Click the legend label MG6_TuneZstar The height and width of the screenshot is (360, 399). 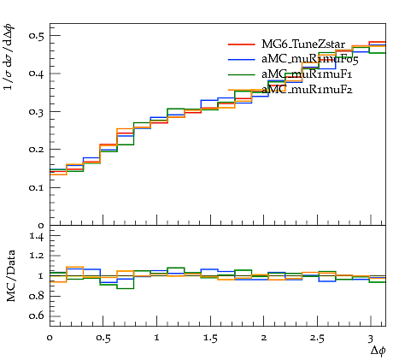pyautogui.click(x=303, y=44)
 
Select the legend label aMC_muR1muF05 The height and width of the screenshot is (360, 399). pyautogui.click(x=310, y=59)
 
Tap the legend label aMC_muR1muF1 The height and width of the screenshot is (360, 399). pyautogui.click(x=307, y=74)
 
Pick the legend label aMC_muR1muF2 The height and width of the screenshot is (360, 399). pyautogui.click(x=307, y=90)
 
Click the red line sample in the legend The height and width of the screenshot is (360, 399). pyautogui.click(x=242, y=44)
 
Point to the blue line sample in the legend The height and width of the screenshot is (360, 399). pyautogui.click(x=242, y=59)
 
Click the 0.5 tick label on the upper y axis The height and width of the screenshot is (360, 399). pyautogui.click(x=37, y=35)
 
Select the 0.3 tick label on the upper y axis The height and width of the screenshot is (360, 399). pyautogui.click(x=37, y=111)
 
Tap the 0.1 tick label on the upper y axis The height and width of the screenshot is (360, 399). pyautogui.click(x=37, y=187)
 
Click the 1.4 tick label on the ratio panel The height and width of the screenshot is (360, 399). pyautogui.click(x=37, y=236)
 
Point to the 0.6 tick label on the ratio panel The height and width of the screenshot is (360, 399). pyautogui.click(x=37, y=316)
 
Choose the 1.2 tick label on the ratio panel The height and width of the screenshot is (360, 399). pyautogui.click(x=37, y=256)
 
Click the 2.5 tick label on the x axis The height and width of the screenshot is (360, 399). pyautogui.click(x=317, y=339)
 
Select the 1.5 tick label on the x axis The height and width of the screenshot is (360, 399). pyautogui.click(x=210, y=339)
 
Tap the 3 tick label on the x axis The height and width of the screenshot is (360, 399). pyautogui.click(x=370, y=339)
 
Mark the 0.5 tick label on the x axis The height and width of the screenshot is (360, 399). pyautogui.click(x=103, y=339)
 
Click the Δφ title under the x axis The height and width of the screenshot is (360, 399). pyautogui.click(x=378, y=351)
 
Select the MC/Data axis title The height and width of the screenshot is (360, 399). pyautogui.click(x=11, y=275)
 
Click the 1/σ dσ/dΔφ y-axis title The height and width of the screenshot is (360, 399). pyautogui.click(x=9, y=57)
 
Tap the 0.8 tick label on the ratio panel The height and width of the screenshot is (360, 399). pyautogui.click(x=37, y=296)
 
